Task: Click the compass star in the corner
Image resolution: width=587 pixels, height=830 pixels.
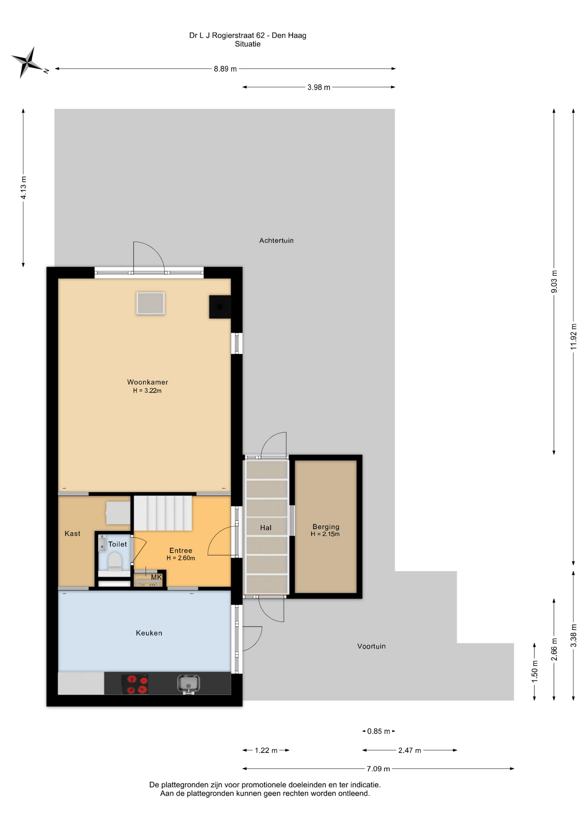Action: click(x=27, y=62)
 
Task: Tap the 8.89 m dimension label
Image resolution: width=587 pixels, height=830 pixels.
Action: click(x=225, y=69)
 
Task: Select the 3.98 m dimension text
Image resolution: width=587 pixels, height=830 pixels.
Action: click(x=319, y=87)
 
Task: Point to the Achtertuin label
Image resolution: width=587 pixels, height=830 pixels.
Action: click(x=276, y=240)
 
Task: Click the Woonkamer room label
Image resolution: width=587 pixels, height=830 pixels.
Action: click(x=147, y=382)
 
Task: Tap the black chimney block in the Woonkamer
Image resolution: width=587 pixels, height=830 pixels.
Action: click(x=220, y=307)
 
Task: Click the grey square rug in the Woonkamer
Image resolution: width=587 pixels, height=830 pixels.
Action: click(x=150, y=303)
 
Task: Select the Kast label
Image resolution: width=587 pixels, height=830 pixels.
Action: click(x=72, y=533)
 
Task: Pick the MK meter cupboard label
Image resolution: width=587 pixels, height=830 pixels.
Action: click(x=156, y=577)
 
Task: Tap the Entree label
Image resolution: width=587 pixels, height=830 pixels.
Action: click(x=181, y=550)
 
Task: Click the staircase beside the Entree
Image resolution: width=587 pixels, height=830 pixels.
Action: click(x=163, y=513)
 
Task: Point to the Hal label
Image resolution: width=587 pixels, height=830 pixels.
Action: click(x=266, y=527)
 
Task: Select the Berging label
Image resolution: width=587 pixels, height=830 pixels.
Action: click(x=326, y=527)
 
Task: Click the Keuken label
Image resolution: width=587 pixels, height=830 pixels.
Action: click(x=149, y=633)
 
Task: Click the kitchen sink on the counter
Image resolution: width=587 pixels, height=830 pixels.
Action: click(x=188, y=684)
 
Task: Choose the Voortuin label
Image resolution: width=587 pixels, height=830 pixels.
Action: click(x=371, y=646)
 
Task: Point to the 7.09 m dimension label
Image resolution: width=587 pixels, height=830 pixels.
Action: click(x=378, y=769)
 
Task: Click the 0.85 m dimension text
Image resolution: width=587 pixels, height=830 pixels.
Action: click(x=379, y=731)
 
